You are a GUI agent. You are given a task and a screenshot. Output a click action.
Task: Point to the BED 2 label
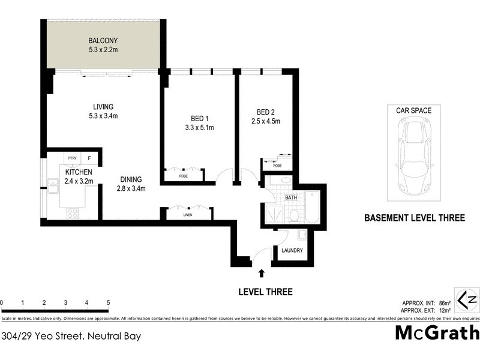coord(266,112)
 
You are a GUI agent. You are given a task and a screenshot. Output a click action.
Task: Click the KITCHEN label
coord(79,172)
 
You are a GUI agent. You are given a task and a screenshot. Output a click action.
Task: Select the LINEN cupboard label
coord(188,215)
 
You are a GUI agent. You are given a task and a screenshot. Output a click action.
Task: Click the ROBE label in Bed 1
coord(183,176)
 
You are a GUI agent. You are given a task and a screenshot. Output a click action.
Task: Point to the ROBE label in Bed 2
coord(277,165)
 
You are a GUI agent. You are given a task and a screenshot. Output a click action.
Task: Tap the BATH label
coord(291,197)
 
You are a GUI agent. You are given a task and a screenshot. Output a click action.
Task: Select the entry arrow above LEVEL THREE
coord(261,274)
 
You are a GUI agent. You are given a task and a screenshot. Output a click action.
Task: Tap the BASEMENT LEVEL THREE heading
coord(415,218)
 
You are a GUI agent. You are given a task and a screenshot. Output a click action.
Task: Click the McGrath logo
coord(437,334)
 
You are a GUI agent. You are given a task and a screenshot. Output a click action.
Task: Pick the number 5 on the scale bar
coord(108,302)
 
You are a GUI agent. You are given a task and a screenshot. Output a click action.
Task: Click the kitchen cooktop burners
coord(73,212)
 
